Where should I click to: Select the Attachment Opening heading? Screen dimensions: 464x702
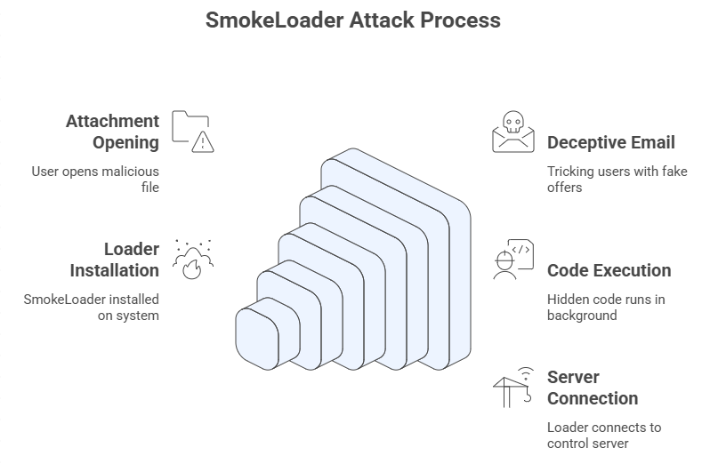click(112, 132)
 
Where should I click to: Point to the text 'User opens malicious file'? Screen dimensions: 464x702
click(95, 179)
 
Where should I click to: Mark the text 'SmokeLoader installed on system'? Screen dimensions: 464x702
click(91, 308)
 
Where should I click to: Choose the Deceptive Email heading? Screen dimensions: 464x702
click(610, 142)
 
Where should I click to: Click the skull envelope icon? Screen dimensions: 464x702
click(513, 132)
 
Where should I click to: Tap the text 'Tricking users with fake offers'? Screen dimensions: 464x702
click(617, 180)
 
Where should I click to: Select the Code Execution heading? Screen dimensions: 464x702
click(609, 270)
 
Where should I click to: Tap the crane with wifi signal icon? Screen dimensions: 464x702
click(513, 387)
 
